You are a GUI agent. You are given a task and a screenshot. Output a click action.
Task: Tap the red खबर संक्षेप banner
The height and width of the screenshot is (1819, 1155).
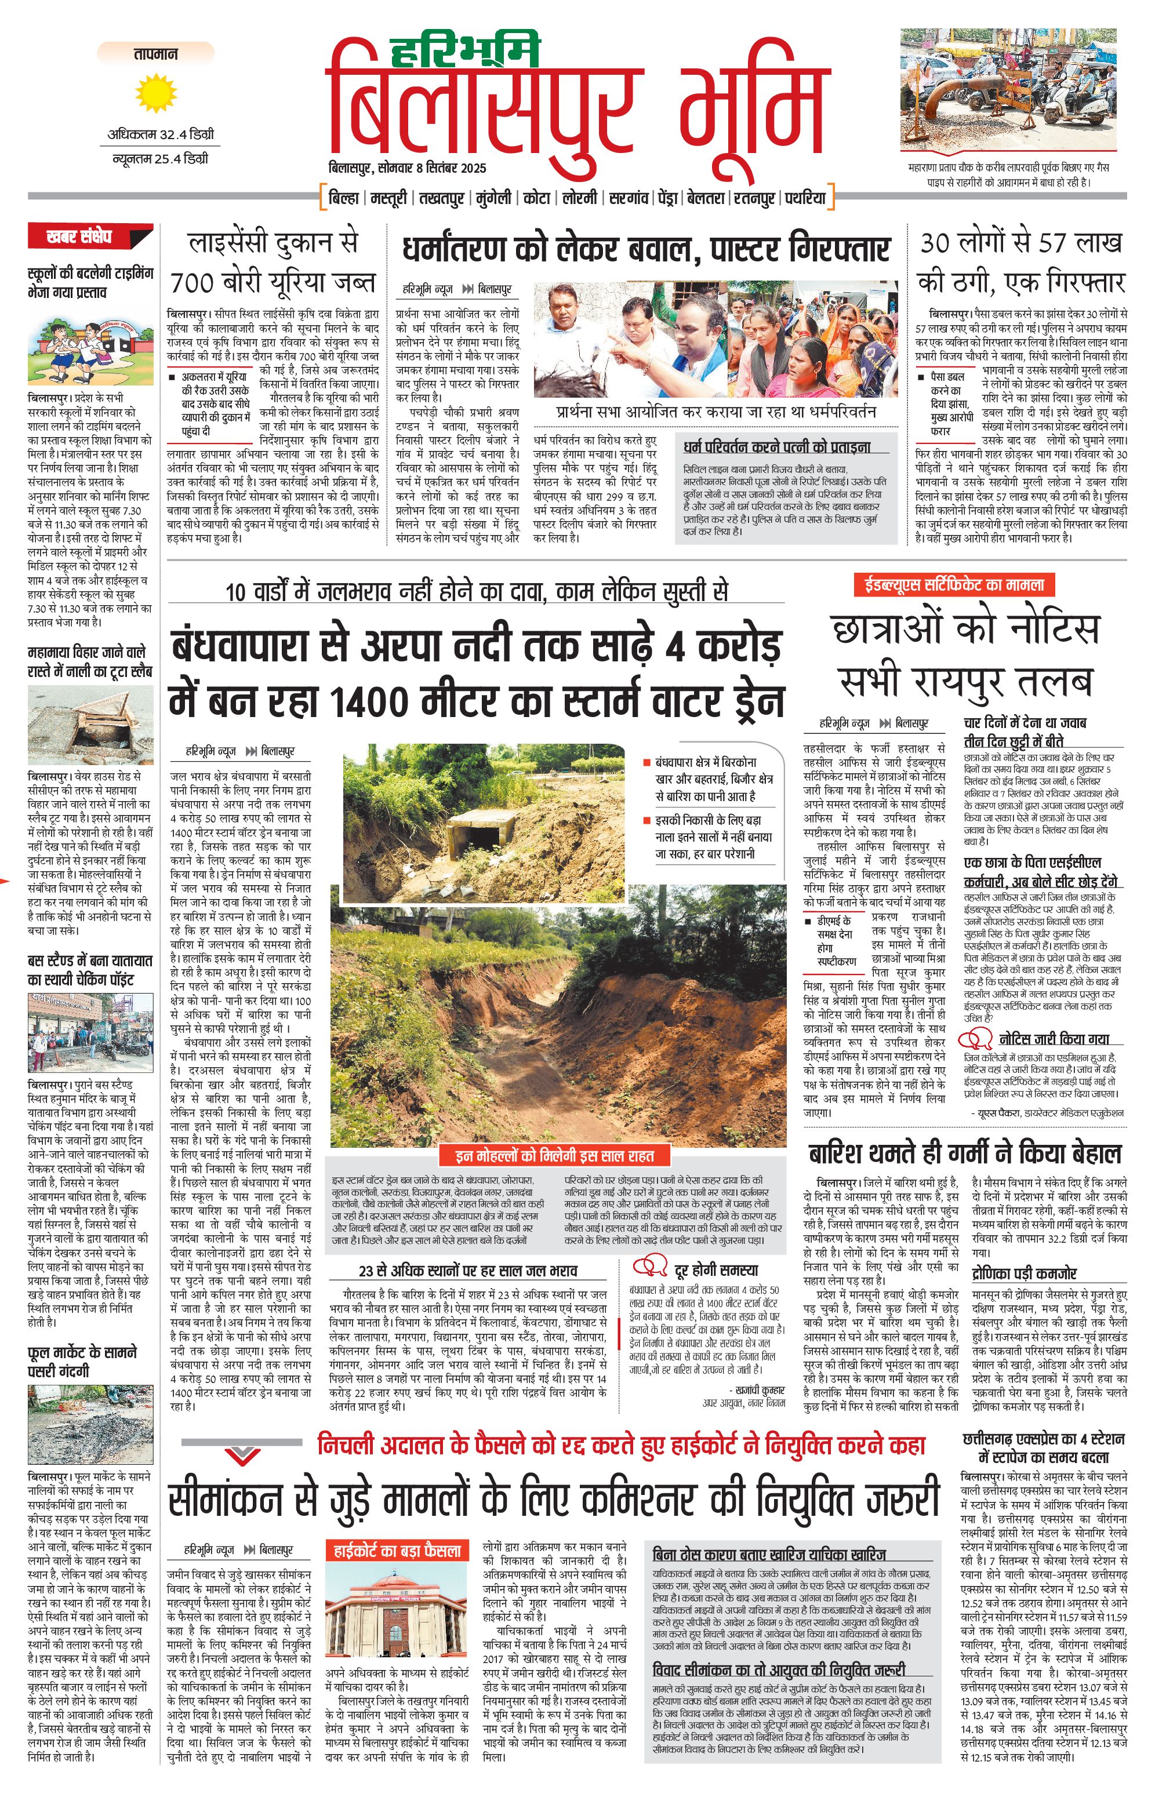(x=79, y=237)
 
